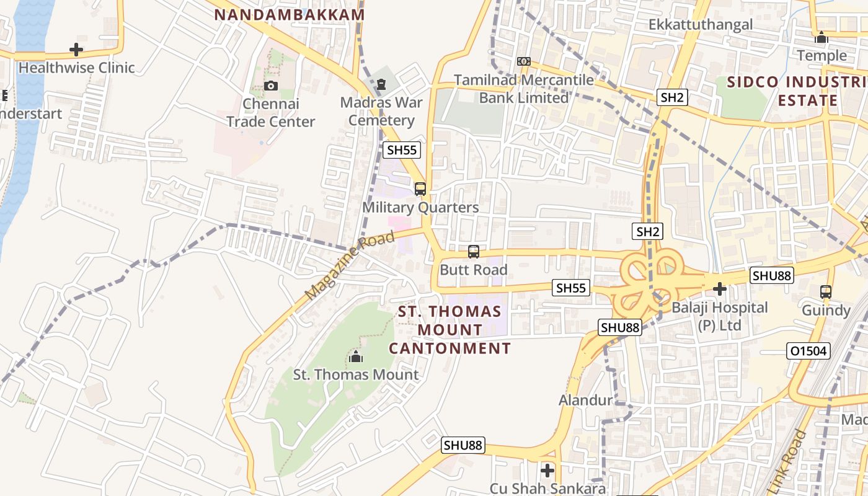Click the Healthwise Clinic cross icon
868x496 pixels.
coord(76,50)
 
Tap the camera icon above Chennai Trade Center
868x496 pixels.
coord(270,86)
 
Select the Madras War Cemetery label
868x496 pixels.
coord(381,112)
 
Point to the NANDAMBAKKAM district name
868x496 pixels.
coord(289,15)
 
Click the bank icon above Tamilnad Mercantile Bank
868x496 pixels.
coord(524,61)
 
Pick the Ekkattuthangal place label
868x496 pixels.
coord(701,25)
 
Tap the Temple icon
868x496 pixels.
coord(821,37)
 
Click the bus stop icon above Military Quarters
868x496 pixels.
coord(420,189)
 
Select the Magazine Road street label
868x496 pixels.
coord(350,265)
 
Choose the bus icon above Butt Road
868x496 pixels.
coord(474,252)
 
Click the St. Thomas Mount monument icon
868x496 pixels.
coord(355,356)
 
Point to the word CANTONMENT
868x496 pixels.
coord(450,348)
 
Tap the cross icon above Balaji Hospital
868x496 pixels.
coord(720,289)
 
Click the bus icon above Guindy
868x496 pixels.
coord(825,291)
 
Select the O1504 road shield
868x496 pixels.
coord(808,351)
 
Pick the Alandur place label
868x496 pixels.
coord(585,401)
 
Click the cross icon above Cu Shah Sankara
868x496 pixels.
coord(547,471)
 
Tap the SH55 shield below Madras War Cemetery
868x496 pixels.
coord(402,149)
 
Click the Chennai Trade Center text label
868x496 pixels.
coord(270,113)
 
